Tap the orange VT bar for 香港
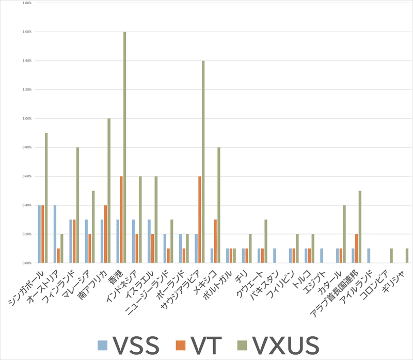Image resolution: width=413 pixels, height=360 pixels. [121, 220]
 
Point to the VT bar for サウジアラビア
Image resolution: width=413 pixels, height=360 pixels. [200, 220]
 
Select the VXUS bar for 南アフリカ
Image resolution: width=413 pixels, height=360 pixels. [109, 191]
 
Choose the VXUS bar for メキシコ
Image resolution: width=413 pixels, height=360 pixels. [219, 205]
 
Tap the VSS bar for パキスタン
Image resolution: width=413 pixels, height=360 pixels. [275, 256]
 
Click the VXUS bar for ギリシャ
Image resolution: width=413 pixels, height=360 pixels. [407, 256]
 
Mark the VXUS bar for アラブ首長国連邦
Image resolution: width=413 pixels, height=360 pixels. [360, 227]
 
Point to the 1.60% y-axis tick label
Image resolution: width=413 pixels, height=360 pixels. [27, 32]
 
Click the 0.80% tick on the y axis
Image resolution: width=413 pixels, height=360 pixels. [27, 148]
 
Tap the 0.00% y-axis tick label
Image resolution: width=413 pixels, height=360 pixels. [27, 263]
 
